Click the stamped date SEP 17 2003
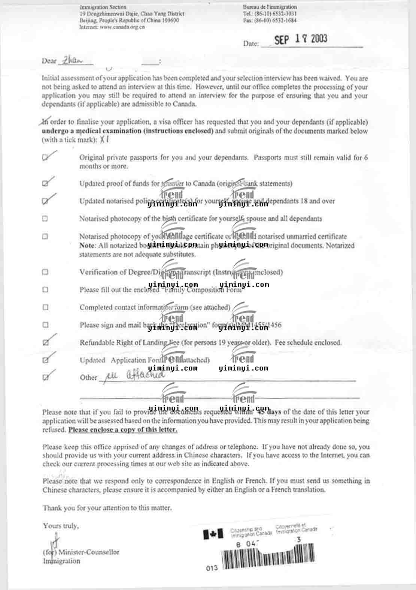301,39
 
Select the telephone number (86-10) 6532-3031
275,14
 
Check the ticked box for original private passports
46,158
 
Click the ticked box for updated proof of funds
46,183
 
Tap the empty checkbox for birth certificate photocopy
45,219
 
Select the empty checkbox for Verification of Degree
45,272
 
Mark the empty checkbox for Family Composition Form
45,289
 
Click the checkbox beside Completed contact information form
45,307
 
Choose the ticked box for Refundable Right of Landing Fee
46,342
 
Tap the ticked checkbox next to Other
46,377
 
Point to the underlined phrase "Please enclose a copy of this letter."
123,430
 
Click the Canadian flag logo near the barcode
213,534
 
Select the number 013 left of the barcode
212,568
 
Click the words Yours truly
61,526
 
